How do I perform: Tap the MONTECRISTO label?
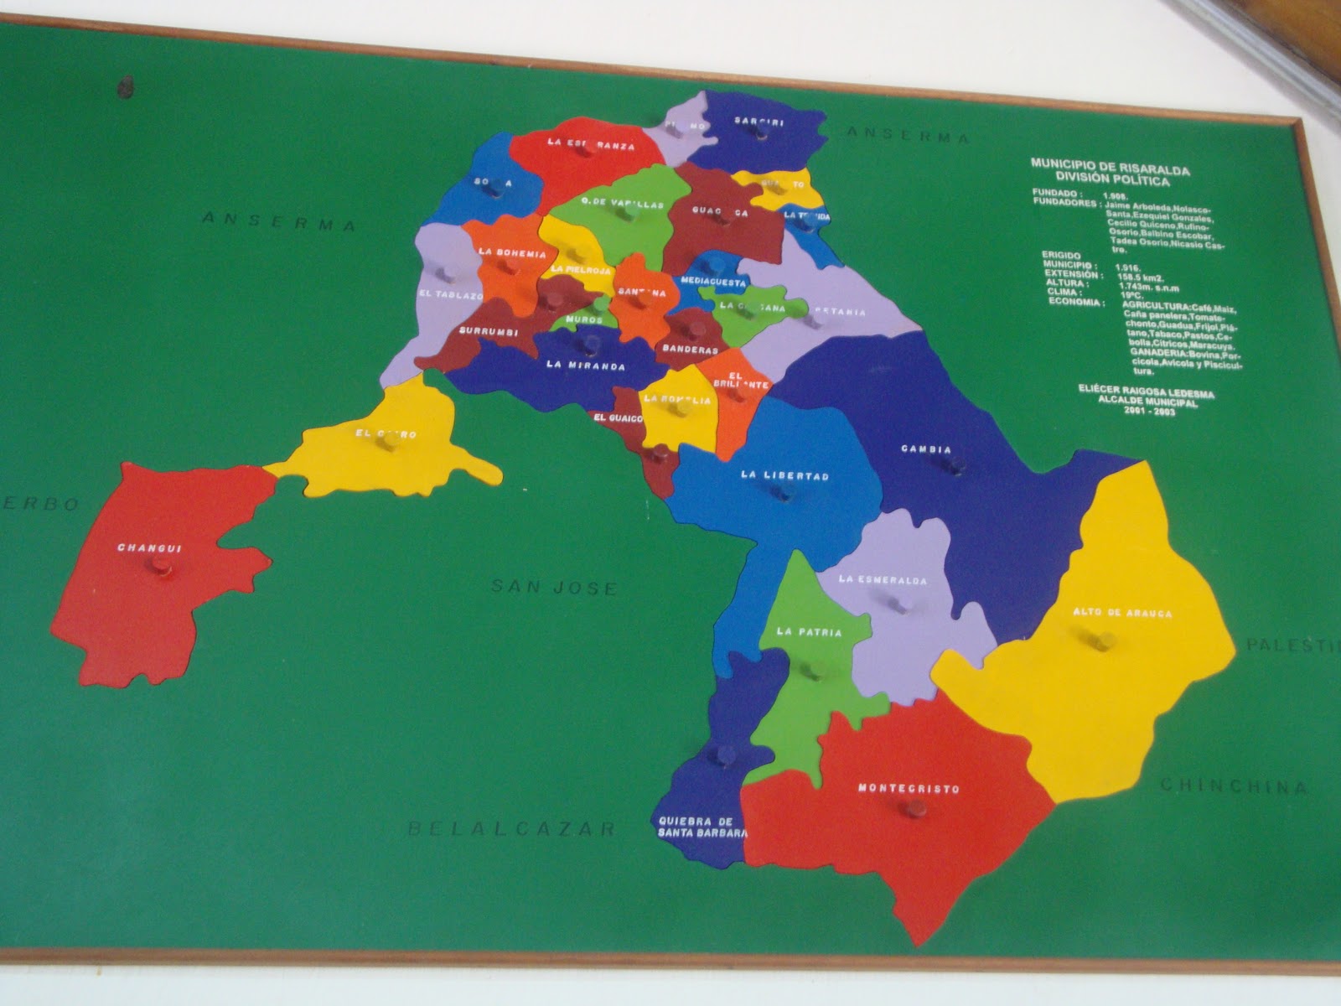(909, 789)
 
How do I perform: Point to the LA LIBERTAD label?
(784, 475)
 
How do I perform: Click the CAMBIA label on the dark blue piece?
(926, 449)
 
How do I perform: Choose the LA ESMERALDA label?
(883, 579)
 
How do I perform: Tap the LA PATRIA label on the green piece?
(809, 632)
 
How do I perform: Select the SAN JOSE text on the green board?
(554, 588)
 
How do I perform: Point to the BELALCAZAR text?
(512, 829)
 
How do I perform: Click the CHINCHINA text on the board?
(1233, 786)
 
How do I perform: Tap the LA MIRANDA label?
(586, 366)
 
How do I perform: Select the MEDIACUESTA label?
(713, 282)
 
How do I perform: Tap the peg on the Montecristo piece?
(913, 809)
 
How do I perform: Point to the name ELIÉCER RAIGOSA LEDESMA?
(1146, 393)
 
